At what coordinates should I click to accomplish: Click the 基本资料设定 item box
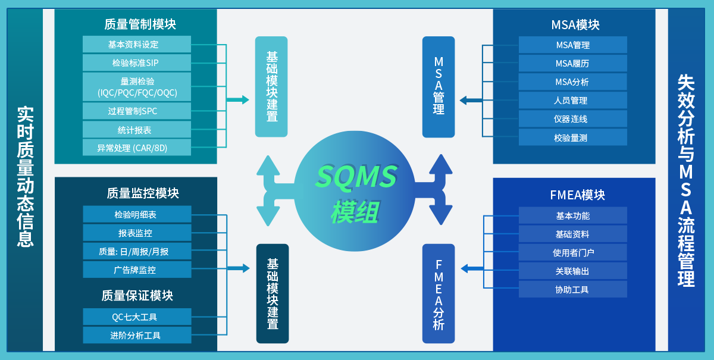(137, 44)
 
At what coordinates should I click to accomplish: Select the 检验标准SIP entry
(137, 62)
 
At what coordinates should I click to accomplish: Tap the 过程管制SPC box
(137, 111)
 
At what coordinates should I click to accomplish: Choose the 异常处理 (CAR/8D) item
(137, 148)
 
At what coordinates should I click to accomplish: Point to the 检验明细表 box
(137, 214)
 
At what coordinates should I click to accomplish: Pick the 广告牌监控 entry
(137, 270)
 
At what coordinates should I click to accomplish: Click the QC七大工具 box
(137, 317)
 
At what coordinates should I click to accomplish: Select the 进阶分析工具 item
(137, 335)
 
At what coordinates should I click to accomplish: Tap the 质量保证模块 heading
(137, 296)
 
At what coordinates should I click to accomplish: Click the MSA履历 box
(572, 63)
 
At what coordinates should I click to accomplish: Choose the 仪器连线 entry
(572, 119)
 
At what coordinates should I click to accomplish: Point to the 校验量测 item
(572, 137)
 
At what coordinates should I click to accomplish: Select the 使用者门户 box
(572, 252)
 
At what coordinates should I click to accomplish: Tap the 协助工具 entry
(572, 289)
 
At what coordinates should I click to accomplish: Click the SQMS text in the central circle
(356, 177)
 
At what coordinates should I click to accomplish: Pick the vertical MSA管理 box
(439, 87)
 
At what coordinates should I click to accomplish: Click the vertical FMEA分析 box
(439, 294)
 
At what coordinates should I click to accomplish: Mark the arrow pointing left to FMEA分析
(472, 269)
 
